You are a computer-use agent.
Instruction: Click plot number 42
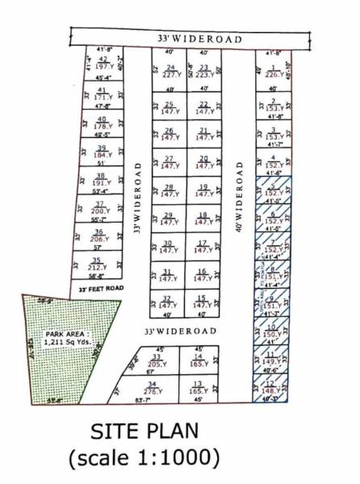point(103,63)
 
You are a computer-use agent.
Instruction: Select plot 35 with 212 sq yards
point(96,265)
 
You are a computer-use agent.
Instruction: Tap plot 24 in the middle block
point(170,71)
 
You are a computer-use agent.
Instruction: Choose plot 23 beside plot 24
point(203,71)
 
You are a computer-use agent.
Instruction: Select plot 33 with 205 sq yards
point(157,361)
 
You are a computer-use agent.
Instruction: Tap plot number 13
point(197,388)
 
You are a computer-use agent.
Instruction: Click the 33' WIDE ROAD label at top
point(187,38)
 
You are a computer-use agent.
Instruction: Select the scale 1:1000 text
point(144,459)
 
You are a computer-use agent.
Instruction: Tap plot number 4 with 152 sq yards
point(274,161)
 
